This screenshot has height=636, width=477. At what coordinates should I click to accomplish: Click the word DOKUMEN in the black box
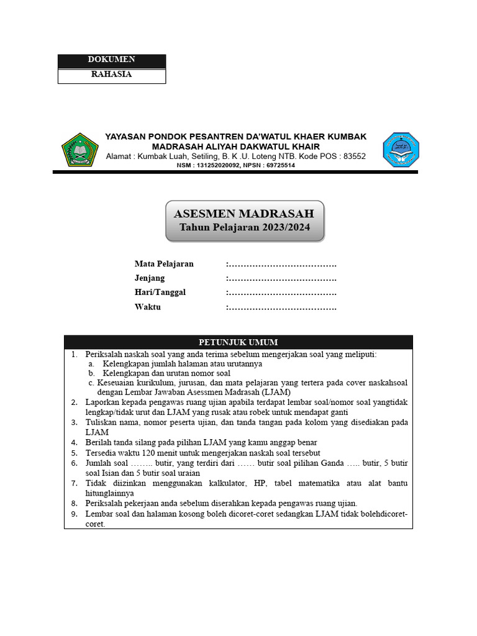111,60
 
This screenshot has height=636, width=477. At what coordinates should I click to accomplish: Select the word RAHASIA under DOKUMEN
111,75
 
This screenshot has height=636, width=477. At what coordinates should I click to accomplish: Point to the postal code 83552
354,157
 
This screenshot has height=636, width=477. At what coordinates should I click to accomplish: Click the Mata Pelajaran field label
164,264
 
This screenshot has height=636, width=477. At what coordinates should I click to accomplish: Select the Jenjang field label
150,278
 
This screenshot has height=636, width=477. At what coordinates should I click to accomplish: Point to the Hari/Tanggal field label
160,293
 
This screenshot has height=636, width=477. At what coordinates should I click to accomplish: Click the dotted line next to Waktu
282,307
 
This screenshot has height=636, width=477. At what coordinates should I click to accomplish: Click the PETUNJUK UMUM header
238,342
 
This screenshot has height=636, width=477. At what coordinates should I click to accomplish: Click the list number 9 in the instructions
73,514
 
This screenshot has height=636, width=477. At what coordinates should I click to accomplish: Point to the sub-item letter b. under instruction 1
91,373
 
